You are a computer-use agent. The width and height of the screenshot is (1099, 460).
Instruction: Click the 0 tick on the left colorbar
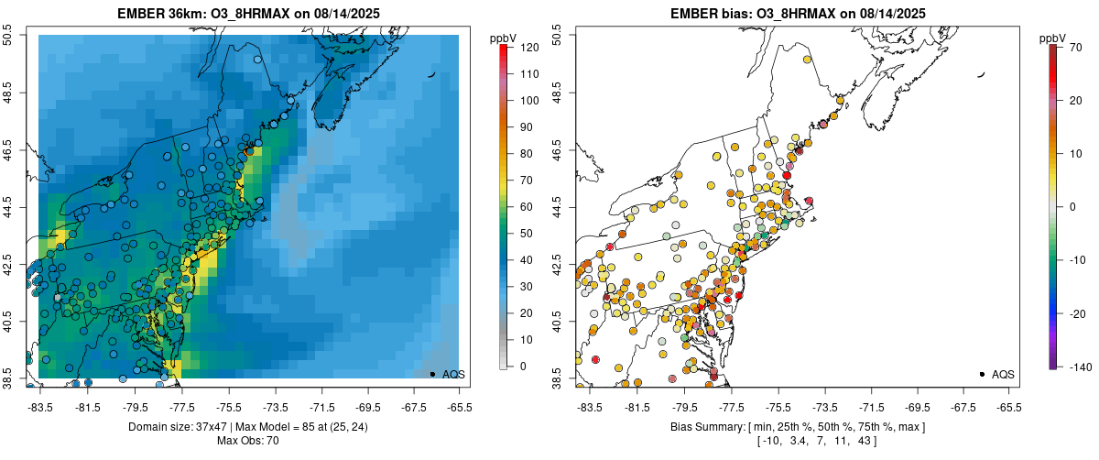[x=523, y=367]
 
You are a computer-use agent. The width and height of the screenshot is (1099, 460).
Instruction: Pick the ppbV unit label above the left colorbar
[x=504, y=38]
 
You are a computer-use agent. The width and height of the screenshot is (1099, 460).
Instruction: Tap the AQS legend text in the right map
[x=1003, y=374]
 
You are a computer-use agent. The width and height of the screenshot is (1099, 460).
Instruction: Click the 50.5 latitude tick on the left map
[x=8, y=36]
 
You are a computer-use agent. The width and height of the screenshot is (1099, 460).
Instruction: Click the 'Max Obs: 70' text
[x=248, y=441]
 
